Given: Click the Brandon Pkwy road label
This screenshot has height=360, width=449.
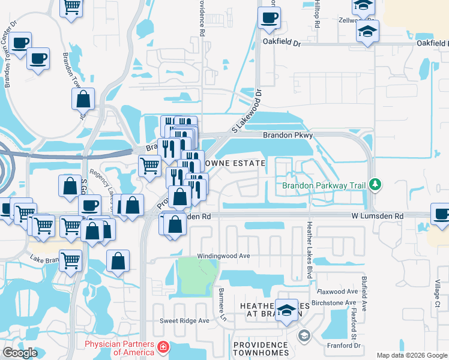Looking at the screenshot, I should pos(288,136).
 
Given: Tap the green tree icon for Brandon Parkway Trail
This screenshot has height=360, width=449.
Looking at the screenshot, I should pos(376,182).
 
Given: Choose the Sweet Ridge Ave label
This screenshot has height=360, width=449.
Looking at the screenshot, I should pos(184,320).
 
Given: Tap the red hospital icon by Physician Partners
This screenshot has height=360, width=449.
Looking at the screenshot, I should pos(162,347).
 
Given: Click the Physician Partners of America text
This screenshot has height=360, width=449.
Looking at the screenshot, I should pos(119,348).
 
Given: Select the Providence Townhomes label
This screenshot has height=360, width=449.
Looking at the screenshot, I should pos(261,349).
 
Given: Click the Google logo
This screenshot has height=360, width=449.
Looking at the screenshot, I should pos(20,353).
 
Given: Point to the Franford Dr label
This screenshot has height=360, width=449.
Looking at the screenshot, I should pos(344,346).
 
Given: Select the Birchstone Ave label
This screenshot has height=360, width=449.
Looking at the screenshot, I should pos(340,303).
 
